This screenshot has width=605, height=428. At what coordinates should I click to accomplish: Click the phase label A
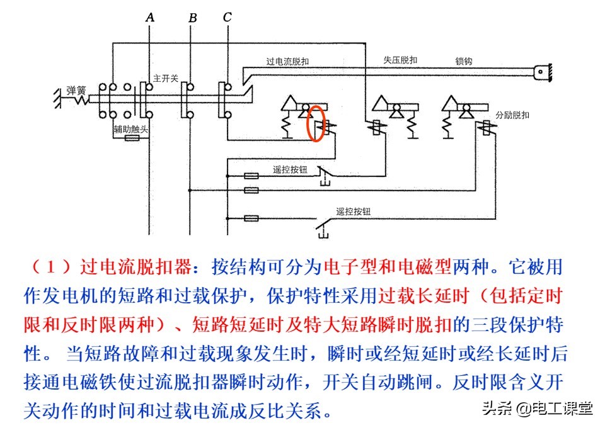(x=150, y=17)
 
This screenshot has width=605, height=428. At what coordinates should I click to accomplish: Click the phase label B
(x=192, y=18)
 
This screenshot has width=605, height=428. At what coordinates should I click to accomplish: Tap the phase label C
(x=227, y=17)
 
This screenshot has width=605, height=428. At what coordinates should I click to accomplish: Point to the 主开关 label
(x=166, y=78)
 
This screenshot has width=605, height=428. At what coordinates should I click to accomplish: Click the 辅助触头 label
(x=130, y=130)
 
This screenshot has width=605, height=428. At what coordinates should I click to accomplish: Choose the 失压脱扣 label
(x=400, y=60)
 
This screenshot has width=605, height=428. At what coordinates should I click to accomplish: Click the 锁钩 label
(x=464, y=61)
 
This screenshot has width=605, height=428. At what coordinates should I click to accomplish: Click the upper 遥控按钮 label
(x=289, y=169)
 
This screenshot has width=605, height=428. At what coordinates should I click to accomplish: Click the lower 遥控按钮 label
(x=353, y=211)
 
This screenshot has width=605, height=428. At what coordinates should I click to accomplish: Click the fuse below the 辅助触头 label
(x=132, y=138)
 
